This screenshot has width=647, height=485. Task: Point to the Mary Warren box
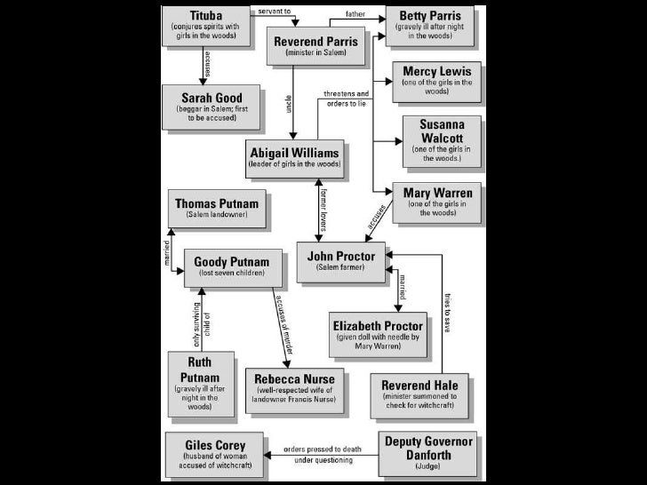pyautogui.click(x=437, y=201)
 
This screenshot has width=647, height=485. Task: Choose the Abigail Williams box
pyautogui.click(x=296, y=157)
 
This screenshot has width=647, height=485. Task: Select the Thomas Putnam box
pyautogui.click(x=217, y=208)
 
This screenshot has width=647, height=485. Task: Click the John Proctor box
pyautogui.click(x=341, y=260)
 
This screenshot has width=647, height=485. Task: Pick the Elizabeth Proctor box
pyautogui.click(x=378, y=333)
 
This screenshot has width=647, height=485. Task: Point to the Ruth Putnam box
pyautogui.click(x=200, y=384)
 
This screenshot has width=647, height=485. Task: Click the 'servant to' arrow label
pyautogui.click(x=276, y=11)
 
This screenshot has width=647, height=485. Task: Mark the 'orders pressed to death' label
pyautogui.click(x=319, y=450)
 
